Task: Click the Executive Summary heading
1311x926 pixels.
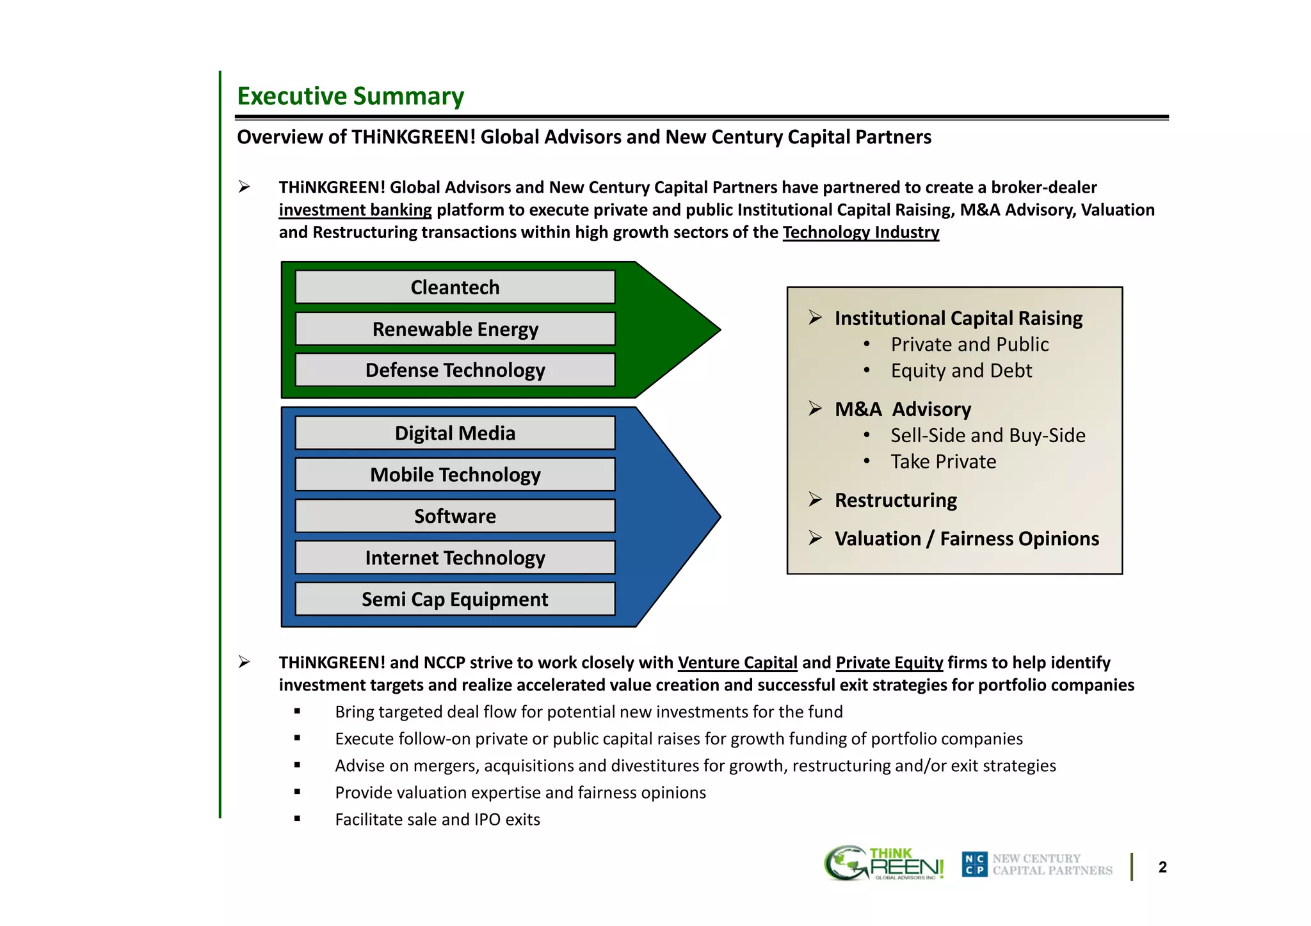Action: pyautogui.click(x=350, y=96)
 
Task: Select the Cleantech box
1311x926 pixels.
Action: pyautogui.click(x=454, y=287)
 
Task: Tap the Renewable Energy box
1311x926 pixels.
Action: pyautogui.click(x=454, y=329)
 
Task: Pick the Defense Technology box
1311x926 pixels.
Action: pyautogui.click(x=454, y=370)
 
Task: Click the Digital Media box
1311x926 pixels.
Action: pyautogui.click(x=454, y=433)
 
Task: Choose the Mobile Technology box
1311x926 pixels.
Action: pyautogui.click(x=454, y=475)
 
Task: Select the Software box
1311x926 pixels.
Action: pyautogui.click(x=454, y=516)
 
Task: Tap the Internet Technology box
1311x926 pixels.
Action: pyautogui.click(x=454, y=557)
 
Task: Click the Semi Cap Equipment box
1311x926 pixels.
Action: pyautogui.click(x=454, y=599)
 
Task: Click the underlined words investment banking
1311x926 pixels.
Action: pyautogui.click(x=355, y=210)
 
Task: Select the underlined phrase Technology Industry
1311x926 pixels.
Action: pyautogui.click(x=860, y=232)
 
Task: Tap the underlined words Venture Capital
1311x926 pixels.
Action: pyautogui.click(x=737, y=662)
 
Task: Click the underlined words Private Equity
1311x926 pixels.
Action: pyautogui.click(x=889, y=662)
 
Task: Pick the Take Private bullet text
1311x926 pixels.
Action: pyautogui.click(x=943, y=461)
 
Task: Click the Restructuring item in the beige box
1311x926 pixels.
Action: pyautogui.click(x=895, y=500)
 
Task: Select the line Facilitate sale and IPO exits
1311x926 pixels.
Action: pyautogui.click(x=437, y=819)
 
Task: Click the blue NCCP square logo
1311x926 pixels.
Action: pyautogui.click(x=974, y=865)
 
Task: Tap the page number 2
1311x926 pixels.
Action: pyautogui.click(x=1162, y=867)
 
